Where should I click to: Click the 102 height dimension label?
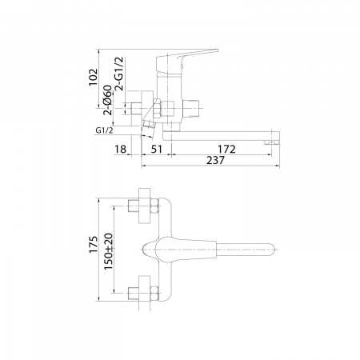coord(94,78)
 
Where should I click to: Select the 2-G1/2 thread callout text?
coord(119,74)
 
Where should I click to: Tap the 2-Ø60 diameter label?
coord(108,100)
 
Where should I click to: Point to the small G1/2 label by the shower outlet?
coord(104,130)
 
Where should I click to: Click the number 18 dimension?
coord(120,149)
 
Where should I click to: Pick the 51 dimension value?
coord(156,149)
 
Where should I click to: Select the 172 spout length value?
coord(226,149)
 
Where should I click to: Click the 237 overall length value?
coord(215,160)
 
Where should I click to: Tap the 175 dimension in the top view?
coord(94,245)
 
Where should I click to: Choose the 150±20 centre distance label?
coord(109,252)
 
